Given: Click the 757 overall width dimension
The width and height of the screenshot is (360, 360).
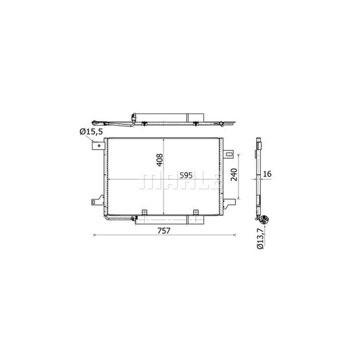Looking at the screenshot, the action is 163,230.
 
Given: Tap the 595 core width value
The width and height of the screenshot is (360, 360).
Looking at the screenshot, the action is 186,176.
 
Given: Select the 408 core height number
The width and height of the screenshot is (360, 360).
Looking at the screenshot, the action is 159,160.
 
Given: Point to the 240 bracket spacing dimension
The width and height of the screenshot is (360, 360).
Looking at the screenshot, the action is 234,175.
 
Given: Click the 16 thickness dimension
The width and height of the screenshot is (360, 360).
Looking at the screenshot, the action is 267,174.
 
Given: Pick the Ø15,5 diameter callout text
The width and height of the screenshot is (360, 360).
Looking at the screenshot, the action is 91,132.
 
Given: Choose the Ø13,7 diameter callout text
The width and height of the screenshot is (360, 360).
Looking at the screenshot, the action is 260,238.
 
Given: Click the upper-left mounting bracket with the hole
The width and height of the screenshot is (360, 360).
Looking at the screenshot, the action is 98,146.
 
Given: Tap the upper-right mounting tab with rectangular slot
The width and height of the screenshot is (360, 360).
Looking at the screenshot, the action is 228,154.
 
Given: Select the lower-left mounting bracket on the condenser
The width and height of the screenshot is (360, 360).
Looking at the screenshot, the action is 97,201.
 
